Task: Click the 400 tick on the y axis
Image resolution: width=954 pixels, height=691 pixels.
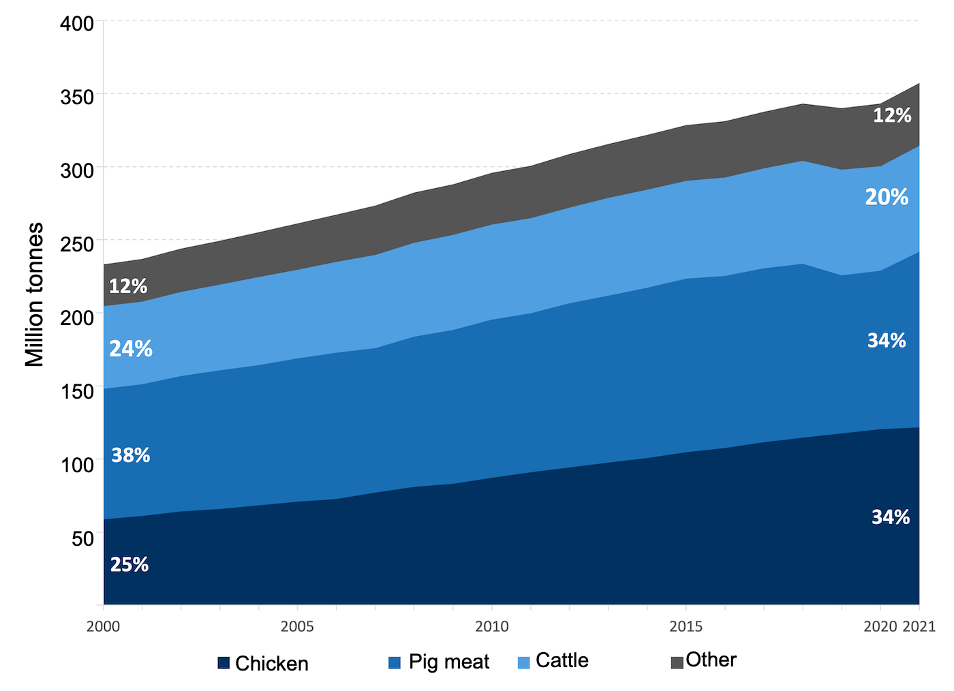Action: pyautogui.click(x=77, y=24)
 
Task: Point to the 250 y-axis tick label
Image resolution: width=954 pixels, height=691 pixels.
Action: pyautogui.click(x=77, y=243)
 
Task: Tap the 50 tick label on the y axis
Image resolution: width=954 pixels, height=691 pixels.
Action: pyautogui.click(x=82, y=538)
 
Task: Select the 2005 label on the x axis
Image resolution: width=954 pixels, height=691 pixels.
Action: pyautogui.click(x=297, y=626)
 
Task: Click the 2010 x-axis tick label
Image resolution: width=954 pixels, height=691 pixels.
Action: pyautogui.click(x=491, y=626)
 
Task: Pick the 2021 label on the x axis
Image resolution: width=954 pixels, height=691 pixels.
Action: pyautogui.click(x=919, y=626)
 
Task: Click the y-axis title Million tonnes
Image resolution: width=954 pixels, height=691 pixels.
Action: pyautogui.click(x=34, y=294)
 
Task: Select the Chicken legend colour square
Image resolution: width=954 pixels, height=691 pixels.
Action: pyautogui.click(x=224, y=663)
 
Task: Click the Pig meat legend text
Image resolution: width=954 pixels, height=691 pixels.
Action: pyautogui.click(x=449, y=662)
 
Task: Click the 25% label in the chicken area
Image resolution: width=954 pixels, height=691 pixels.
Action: pyautogui.click(x=129, y=564)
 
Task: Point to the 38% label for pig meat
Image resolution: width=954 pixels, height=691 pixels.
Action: pyautogui.click(x=131, y=455)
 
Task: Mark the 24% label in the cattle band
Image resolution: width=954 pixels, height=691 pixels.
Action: pyautogui.click(x=131, y=349)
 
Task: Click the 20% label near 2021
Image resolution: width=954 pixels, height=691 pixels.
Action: pyautogui.click(x=887, y=198)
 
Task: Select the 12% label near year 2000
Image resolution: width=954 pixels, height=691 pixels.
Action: pyautogui.click(x=128, y=286)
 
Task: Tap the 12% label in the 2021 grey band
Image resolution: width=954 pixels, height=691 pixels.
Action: pyautogui.click(x=892, y=116)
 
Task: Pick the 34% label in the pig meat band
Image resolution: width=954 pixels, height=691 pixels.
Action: pyautogui.click(x=887, y=341)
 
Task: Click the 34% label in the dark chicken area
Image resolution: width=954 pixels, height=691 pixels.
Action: pyautogui.click(x=891, y=517)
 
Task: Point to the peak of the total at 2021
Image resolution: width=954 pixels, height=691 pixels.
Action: pyautogui.click(x=919, y=84)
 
